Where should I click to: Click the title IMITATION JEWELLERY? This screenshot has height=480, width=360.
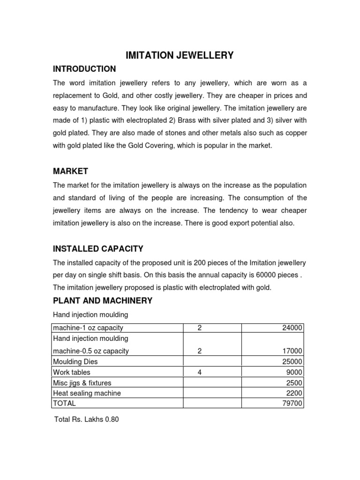point(180,56)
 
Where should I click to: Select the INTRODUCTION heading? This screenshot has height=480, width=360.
point(84,69)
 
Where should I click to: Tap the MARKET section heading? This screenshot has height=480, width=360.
point(70,172)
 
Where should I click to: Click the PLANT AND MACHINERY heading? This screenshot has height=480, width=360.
point(103,300)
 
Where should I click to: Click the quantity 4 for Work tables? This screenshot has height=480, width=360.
point(200,372)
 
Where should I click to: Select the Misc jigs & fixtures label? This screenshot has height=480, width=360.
point(82,383)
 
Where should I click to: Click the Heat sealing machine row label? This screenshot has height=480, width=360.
point(87,393)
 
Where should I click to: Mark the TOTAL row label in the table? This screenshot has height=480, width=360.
point(64,403)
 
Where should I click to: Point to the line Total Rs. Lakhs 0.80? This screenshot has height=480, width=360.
point(87,420)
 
